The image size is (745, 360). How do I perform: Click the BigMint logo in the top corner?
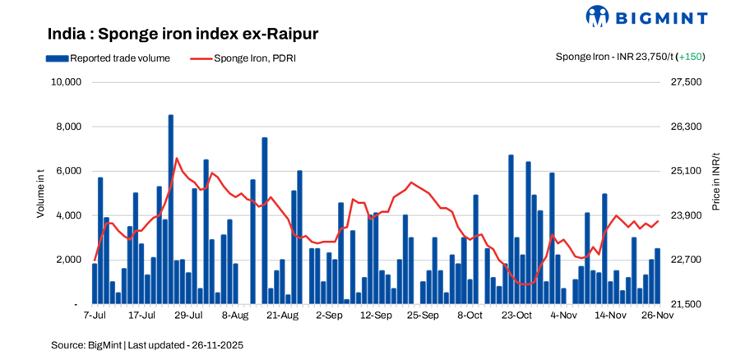[x=646, y=16]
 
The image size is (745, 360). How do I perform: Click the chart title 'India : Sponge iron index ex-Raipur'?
[x=183, y=34]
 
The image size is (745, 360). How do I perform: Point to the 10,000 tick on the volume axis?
[x=65, y=82]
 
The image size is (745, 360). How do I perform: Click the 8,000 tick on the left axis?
[x=67, y=127]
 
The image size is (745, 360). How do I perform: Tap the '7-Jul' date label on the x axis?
[x=95, y=315]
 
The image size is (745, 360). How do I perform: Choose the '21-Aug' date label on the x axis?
[x=282, y=315]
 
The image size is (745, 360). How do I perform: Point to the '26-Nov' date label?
[x=657, y=315]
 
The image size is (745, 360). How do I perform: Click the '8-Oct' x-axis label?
[x=470, y=315]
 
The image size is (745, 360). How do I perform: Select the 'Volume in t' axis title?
[x=40, y=192]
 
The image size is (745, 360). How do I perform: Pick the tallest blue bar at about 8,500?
[x=171, y=210]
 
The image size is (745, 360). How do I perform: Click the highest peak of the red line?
[x=176, y=159]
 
